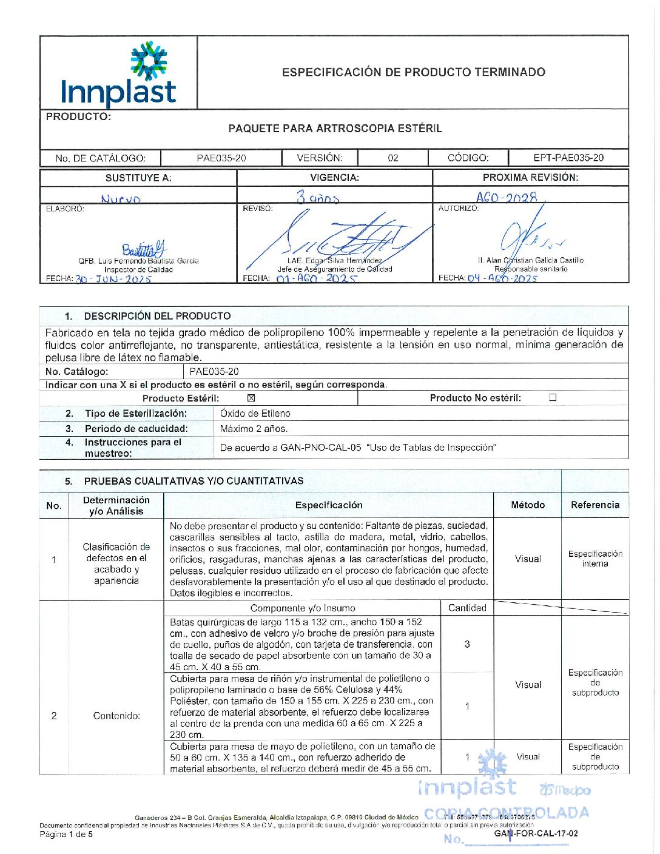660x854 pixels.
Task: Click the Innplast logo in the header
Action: point(119,73)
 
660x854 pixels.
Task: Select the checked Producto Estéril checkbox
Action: point(251,398)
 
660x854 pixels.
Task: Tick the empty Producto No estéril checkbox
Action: point(553,398)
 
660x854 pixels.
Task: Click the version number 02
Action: point(393,158)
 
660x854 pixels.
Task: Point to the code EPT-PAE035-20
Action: point(568,158)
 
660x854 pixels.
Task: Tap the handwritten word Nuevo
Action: point(121,198)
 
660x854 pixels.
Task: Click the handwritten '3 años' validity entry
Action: point(317,197)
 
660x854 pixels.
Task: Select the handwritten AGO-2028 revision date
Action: point(507,198)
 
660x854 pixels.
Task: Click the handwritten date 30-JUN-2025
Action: point(113,279)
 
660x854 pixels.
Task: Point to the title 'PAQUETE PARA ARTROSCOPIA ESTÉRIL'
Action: point(335,129)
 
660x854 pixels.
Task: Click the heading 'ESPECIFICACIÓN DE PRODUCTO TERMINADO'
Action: point(413,72)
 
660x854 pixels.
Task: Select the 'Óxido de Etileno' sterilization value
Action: point(255,414)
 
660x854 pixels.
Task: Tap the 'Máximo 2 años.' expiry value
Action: point(254,429)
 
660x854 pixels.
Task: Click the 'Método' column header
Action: point(528,505)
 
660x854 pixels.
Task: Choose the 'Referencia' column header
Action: point(595,505)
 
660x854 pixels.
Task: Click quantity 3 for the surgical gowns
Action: point(467,644)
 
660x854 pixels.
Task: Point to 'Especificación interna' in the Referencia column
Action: point(595,559)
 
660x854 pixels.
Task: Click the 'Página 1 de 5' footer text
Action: point(66,834)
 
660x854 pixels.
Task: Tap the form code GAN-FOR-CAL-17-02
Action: point(536,833)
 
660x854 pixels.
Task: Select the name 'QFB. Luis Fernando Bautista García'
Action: point(138,261)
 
